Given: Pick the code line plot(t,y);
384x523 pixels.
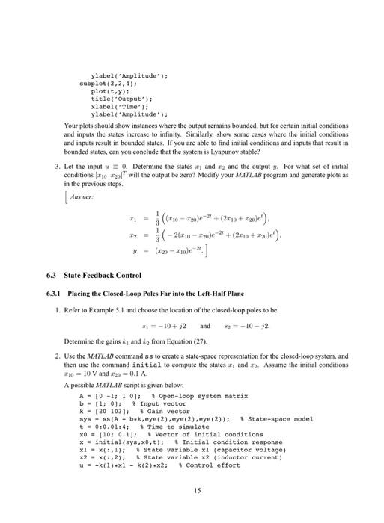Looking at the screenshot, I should pyautogui.click(x=108, y=92).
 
